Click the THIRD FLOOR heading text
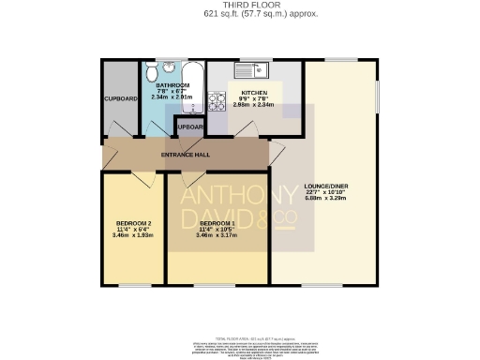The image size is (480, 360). (239, 6)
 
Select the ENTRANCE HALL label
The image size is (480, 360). (186, 155)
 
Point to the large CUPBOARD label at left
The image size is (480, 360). (121, 98)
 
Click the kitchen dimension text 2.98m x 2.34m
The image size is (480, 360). (255, 105)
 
